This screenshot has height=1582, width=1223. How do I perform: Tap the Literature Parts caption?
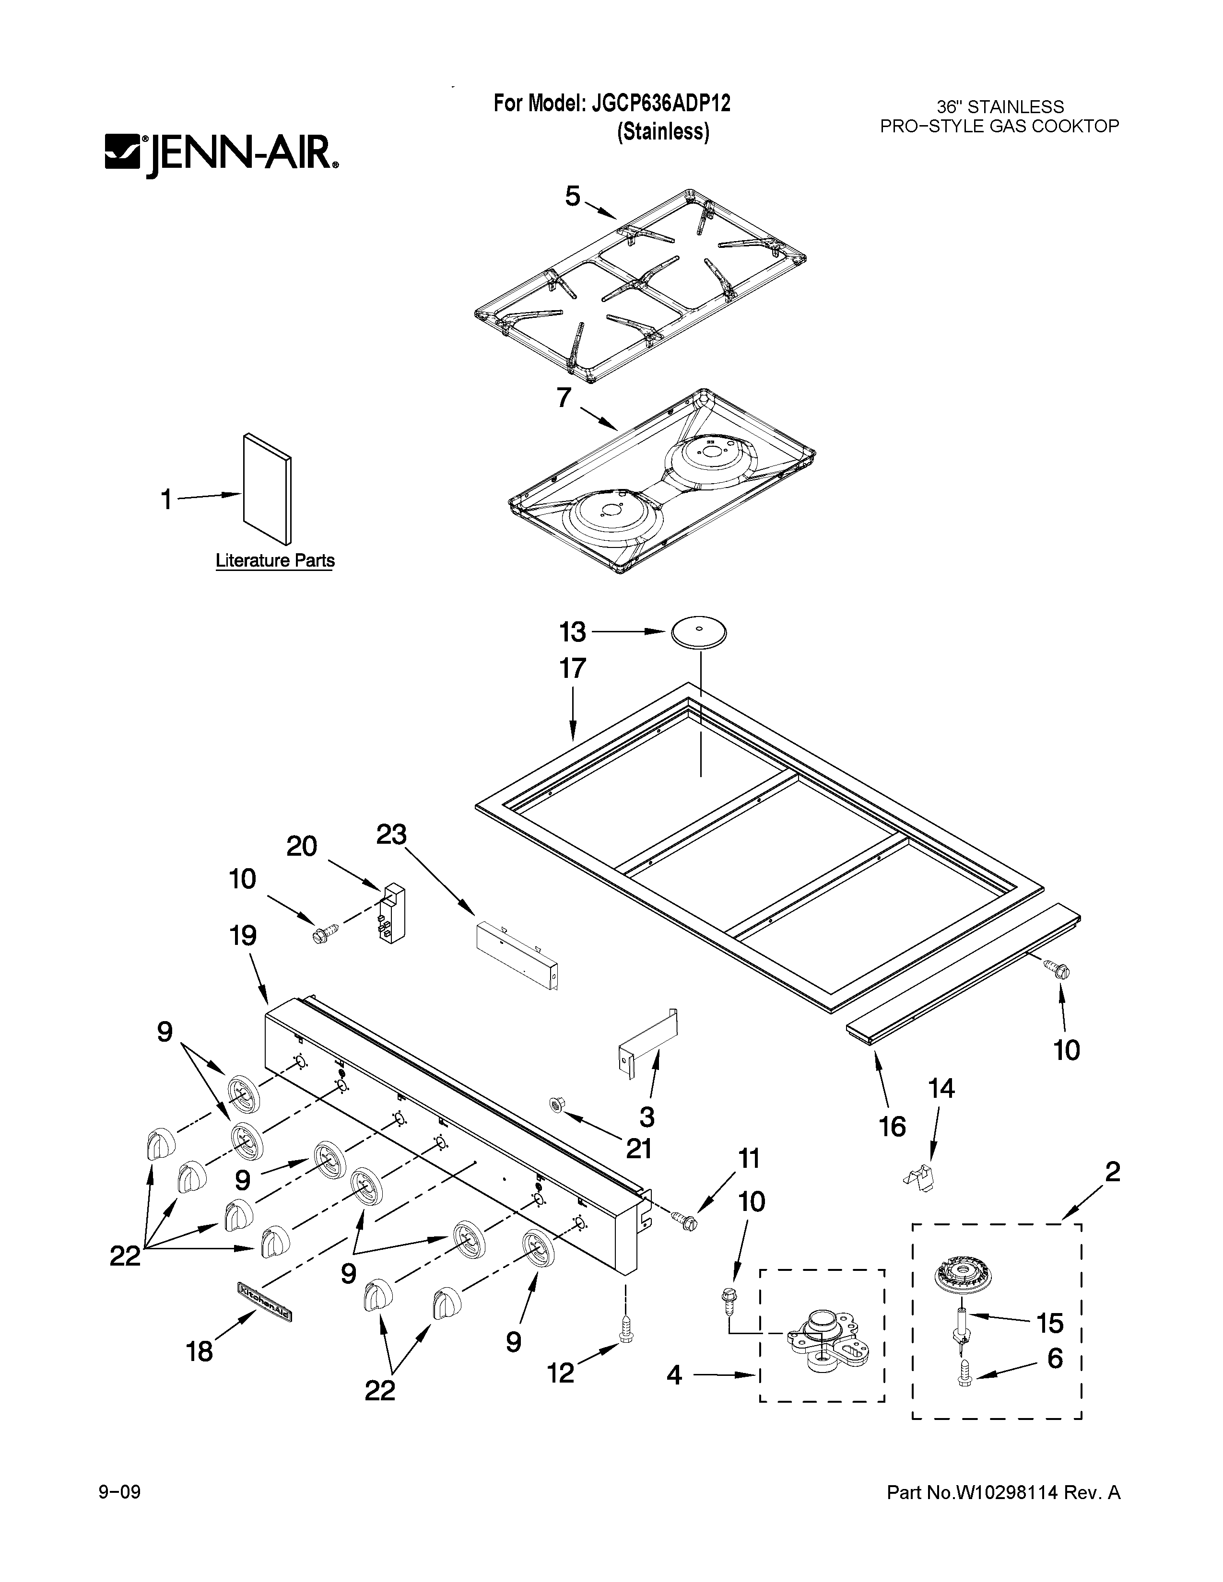(x=275, y=561)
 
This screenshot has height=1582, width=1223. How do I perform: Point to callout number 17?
(x=572, y=668)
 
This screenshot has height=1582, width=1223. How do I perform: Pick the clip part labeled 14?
(x=920, y=1176)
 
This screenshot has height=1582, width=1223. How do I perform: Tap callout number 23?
(x=391, y=835)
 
